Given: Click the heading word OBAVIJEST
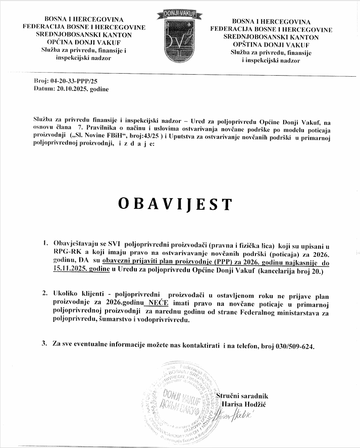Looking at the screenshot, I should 176,203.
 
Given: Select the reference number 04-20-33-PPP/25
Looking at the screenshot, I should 73,81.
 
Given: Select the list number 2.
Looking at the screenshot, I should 44,293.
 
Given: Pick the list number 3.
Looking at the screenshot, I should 44,344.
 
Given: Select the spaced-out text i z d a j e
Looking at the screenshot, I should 135,144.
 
